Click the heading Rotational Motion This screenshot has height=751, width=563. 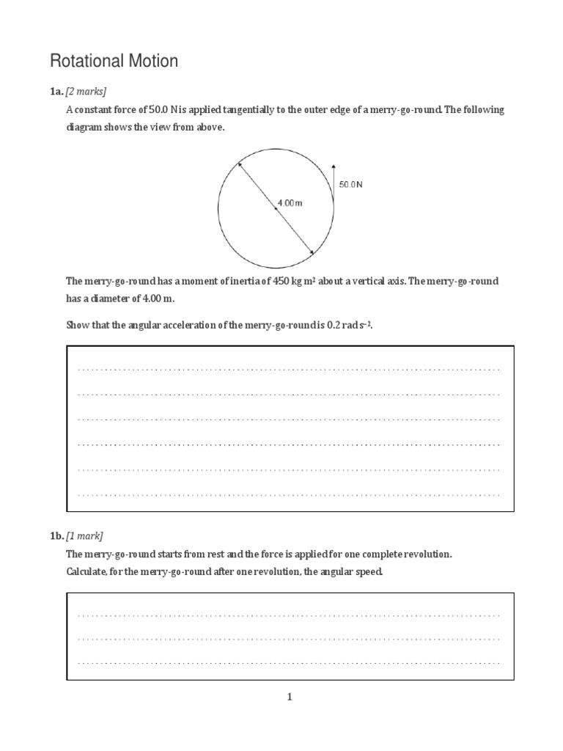(113, 61)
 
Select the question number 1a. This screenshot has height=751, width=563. (56, 92)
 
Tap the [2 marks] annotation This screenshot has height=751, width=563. (86, 92)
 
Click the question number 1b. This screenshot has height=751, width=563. (56, 536)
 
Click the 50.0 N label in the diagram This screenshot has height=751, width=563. (350, 185)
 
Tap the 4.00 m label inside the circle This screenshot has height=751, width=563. (290, 202)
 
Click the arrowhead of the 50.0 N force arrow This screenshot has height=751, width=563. (334, 166)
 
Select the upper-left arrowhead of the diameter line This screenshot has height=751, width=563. (238, 164)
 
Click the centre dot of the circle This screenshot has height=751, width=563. (276, 208)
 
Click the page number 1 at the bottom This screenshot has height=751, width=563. (290, 697)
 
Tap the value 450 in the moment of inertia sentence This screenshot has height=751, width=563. (282, 282)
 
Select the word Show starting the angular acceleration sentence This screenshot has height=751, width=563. (78, 325)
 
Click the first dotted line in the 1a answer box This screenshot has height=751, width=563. (290, 369)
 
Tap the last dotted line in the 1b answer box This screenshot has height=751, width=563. (290, 663)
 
